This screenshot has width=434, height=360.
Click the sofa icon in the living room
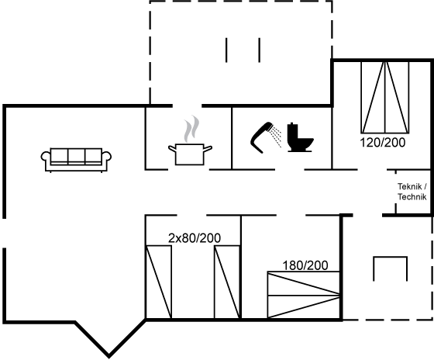coord(76,160)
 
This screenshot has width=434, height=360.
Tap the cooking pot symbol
coord(190,154)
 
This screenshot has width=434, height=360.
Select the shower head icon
coord(262,137)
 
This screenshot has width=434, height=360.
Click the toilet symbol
coord(300,137)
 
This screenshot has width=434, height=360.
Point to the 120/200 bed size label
coord(382,143)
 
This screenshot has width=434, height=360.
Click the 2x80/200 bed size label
coord(195,238)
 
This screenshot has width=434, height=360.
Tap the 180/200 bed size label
coord(305,265)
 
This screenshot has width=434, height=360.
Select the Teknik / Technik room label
coord(412,192)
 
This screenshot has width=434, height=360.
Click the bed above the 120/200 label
coord(384,97)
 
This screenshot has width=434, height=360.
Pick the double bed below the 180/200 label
coord(304,295)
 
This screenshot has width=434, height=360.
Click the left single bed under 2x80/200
coord(159,282)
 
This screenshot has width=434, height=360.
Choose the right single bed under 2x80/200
coord(227,282)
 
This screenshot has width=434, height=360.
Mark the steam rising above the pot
coord(191,129)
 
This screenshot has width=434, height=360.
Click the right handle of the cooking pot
coord(208,149)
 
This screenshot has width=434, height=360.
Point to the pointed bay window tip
coord(108,356)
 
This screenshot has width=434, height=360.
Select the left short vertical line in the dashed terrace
coord(226,50)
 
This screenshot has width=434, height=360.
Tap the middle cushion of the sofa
coord(77,157)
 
